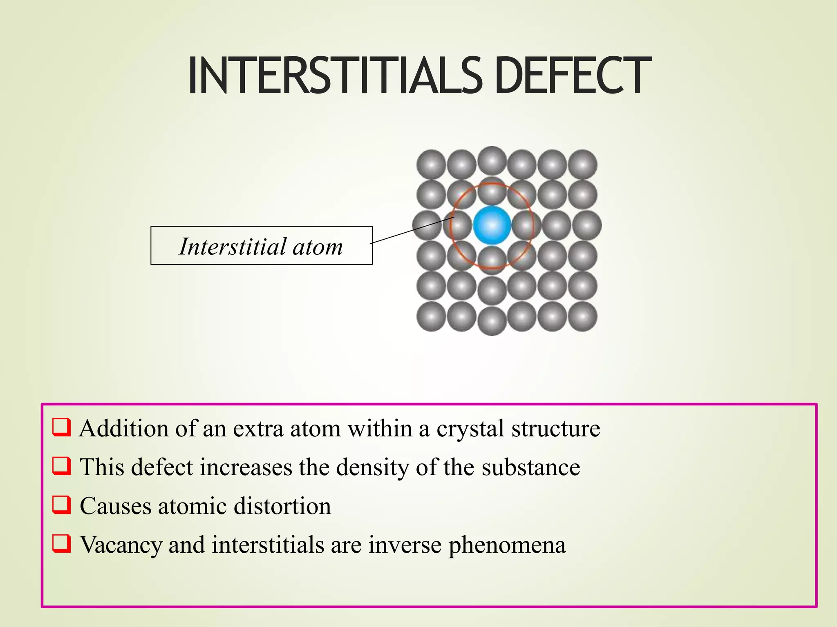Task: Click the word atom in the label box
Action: (x=318, y=247)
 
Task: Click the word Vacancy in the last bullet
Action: (x=121, y=545)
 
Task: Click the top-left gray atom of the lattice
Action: (x=431, y=165)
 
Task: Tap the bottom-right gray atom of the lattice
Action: (x=582, y=316)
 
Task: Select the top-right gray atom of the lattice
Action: (x=582, y=165)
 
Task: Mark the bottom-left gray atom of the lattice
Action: (x=431, y=316)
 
